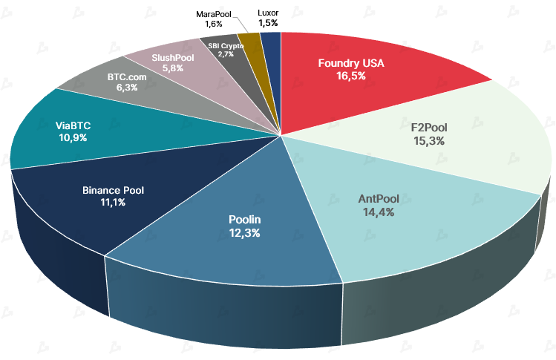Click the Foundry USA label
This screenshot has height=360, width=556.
351,63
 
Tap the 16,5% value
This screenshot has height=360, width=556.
351,76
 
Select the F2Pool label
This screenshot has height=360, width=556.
429,127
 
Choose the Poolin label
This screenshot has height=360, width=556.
245,220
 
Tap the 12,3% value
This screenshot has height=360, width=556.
245,232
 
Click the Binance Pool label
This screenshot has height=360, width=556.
114,190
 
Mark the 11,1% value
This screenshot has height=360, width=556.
114,203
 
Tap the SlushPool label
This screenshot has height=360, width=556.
172,56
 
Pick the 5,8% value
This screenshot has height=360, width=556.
172,68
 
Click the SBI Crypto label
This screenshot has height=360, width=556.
226,46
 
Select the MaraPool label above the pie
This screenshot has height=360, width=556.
213,14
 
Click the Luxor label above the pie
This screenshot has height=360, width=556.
269,13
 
